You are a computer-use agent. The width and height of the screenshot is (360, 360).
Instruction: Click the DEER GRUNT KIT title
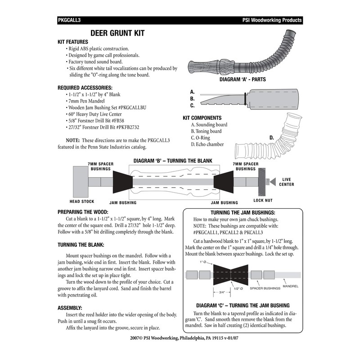coord(117,33)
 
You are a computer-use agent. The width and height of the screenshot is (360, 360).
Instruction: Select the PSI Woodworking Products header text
coord(271,20)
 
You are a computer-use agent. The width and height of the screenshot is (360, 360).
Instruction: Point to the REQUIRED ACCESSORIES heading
coord(85,87)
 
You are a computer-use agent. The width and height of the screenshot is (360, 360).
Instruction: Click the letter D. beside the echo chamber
coord(272,137)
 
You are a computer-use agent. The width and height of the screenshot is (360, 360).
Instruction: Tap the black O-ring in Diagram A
coord(244,98)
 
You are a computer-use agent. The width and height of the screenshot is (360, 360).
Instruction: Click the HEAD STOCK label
coord(82,201)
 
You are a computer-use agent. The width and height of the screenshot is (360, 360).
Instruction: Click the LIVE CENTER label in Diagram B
coord(287,182)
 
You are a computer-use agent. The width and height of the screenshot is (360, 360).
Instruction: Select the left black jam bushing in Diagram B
coord(122,182)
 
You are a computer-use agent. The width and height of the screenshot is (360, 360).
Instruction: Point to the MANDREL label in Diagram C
coord(291,286)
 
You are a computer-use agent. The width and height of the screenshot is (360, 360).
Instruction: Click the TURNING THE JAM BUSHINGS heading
coord(243,212)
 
